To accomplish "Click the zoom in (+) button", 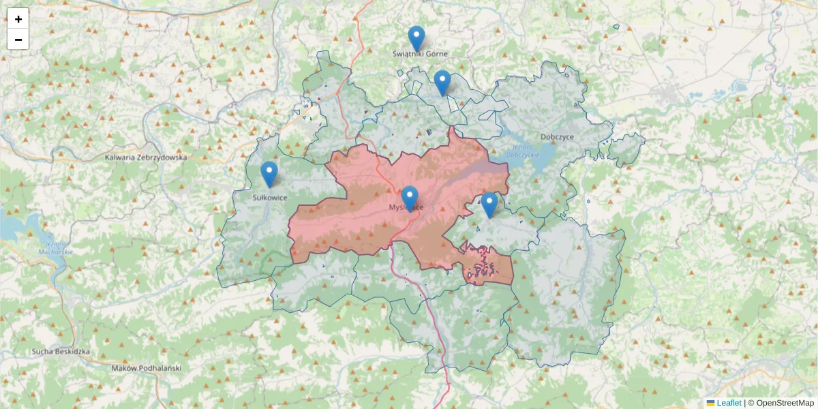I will coord(18,19).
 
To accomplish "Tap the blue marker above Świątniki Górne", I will coord(416,37).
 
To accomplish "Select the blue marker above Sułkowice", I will coord(269,173).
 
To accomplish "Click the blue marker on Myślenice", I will coord(409,198).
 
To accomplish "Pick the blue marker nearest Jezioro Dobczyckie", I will coord(489,204).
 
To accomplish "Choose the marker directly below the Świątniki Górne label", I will coord(442,82).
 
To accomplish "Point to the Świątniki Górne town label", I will coord(421,53).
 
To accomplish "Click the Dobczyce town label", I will coord(557,136).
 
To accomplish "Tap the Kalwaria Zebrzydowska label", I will coord(146,157).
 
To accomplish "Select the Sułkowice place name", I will coord(270,198).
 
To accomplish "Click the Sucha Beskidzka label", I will coord(61,352).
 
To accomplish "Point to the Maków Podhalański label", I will coord(146,368).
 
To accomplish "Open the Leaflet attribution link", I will coord(729,403).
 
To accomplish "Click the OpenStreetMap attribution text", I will coord(785,403).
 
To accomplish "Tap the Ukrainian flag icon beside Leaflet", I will coord(710,403).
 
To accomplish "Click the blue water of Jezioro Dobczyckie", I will coord(542,164).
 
